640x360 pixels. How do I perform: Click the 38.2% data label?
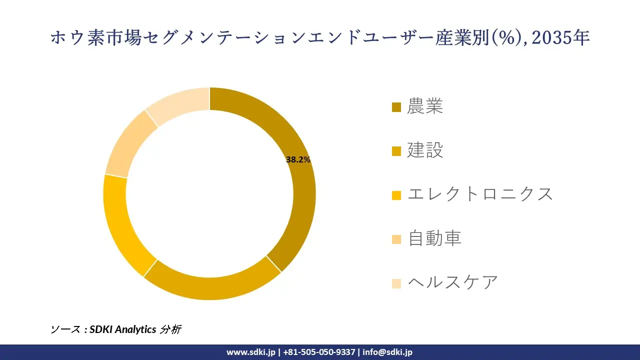(x=298, y=160)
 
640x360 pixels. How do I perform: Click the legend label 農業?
(x=425, y=106)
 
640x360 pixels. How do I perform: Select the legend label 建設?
(x=425, y=150)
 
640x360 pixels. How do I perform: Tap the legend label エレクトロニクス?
(x=480, y=194)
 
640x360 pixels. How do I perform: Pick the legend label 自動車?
(x=434, y=238)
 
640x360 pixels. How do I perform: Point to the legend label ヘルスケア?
(x=453, y=282)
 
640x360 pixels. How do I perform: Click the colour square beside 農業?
(x=396, y=107)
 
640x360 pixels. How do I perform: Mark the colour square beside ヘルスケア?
(x=396, y=283)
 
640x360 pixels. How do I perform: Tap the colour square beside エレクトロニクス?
(x=396, y=195)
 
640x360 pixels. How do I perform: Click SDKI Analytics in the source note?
(x=123, y=329)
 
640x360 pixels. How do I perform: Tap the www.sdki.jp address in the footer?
(x=250, y=352)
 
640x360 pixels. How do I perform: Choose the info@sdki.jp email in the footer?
(x=387, y=352)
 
